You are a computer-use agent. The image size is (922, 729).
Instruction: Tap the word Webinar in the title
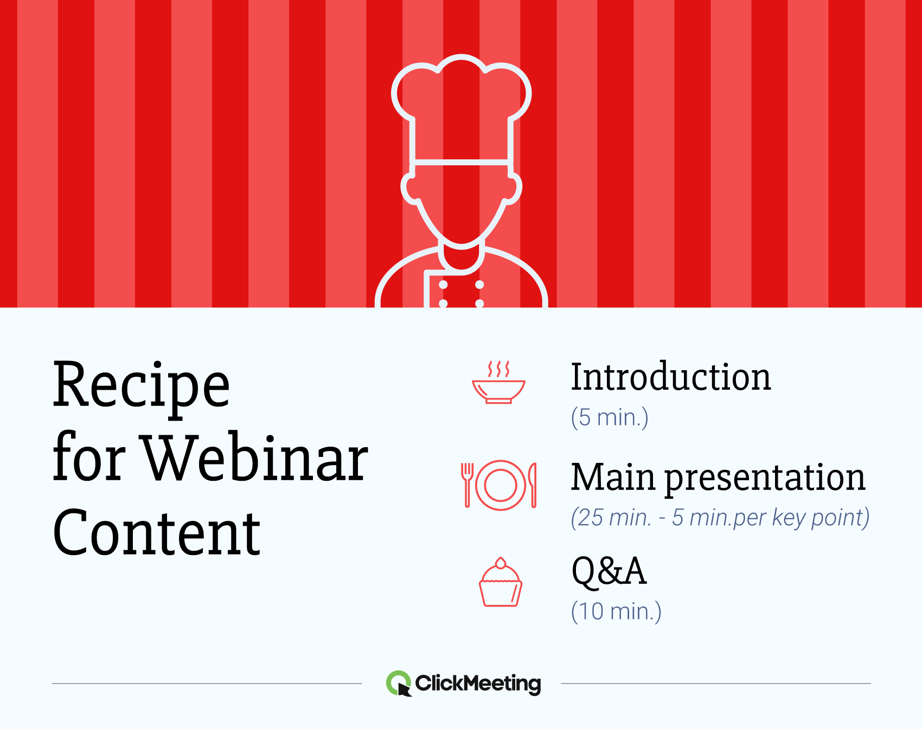pyautogui.click(x=255, y=459)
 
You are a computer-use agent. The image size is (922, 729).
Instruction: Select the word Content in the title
pyautogui.click(x=157, y=533)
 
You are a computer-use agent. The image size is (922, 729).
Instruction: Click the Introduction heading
pyautogui.click(x=670, y=377)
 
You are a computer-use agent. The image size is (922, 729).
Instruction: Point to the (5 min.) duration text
pyautogui.click(x=610, y=418)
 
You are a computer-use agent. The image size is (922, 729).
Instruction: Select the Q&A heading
pyautogui.click(x=609, y=571)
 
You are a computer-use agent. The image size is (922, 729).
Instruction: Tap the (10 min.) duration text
pyautogui.click(x=616, y=612)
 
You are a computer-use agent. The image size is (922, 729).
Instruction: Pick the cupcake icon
pyautogui.click(x=500, y=583)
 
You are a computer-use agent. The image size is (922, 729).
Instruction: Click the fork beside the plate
pyautogui.click(x=467, y=484)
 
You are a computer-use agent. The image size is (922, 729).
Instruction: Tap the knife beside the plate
pyautogui.click(x=533, y=484)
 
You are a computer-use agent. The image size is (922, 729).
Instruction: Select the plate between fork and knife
pyautogui.click(x=500, y=485)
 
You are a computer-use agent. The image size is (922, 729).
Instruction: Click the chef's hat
pyautogui.click(x=461, y=108)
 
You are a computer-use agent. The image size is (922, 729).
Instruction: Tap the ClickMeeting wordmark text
pyautogui.click(x=478, y=683)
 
